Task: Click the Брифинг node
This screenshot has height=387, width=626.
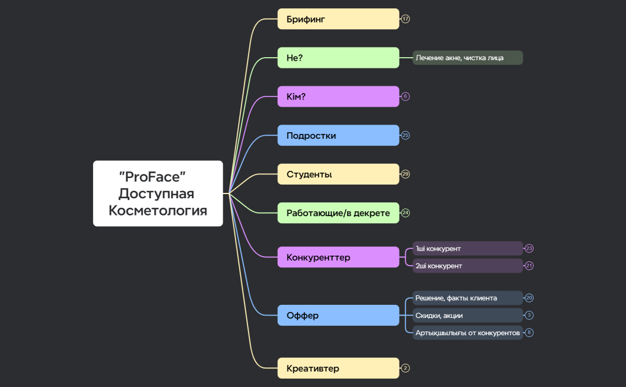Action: (338, 19)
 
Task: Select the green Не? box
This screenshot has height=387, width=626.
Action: (338, 58)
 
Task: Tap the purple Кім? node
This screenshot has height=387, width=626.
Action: (338, 96)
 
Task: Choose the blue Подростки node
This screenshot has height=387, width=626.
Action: (338, 135)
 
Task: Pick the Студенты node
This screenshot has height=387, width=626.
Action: (338, 174)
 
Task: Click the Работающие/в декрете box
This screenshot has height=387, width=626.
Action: (338, 213)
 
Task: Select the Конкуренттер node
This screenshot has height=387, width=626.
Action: (338, 257)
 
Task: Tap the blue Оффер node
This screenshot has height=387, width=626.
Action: (338, 315)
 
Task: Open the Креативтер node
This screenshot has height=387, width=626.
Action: (338, 368)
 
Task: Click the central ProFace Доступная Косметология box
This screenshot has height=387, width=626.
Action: (158, 193)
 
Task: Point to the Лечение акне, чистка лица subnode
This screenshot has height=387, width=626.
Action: (467, 58)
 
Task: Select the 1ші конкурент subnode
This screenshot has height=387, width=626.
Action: (467, 248)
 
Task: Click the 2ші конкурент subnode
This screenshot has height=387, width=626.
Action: (467, 266)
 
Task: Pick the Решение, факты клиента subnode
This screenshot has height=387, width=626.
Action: (467, 298)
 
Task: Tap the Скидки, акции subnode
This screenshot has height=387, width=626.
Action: (467, 315)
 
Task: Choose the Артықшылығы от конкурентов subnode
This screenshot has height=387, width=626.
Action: (467, 332)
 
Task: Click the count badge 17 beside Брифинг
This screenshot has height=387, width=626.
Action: (405, 19)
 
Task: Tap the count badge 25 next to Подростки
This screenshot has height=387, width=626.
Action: (405, 135)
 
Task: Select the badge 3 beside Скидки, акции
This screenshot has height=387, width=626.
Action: (529, 315)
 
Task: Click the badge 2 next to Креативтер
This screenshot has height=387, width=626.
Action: (405, 368)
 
